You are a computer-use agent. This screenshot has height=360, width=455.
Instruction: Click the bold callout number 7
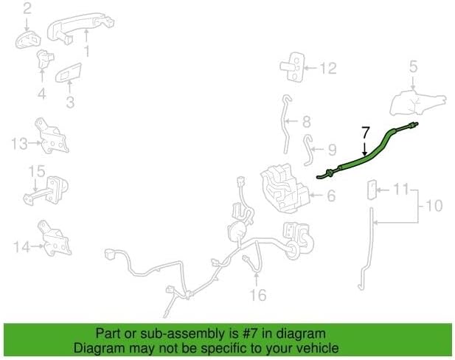(x=366, y=132)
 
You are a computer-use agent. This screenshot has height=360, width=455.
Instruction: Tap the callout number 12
(x=327, y=68)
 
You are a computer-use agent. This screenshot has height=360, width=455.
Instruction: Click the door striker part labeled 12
(x=293, y=67)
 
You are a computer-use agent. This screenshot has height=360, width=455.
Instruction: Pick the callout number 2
(x=27, y=9)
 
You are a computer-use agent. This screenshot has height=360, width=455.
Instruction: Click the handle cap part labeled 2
(x=27, y=41)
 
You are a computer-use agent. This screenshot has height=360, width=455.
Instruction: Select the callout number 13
(x=19, y=143)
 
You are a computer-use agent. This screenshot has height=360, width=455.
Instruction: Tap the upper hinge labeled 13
(x=51, y=135)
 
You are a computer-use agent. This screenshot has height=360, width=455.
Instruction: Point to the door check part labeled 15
(x=46, y=190)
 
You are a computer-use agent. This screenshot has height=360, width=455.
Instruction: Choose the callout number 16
(x=257, y=294)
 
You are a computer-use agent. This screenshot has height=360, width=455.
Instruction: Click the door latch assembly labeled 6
(x=285, y=188)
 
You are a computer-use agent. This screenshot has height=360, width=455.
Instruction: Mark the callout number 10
(x=434, y=205)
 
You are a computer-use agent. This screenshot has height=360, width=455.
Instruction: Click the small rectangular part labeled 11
(x=370, y=190)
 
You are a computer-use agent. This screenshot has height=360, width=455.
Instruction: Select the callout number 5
(x=413, y=66)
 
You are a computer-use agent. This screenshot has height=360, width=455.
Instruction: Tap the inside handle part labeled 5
(x=417, y=103)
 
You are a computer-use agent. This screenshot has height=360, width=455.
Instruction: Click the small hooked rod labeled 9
(x=309, y=150)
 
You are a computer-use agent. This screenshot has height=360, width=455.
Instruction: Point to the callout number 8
(x=307, y=122)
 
